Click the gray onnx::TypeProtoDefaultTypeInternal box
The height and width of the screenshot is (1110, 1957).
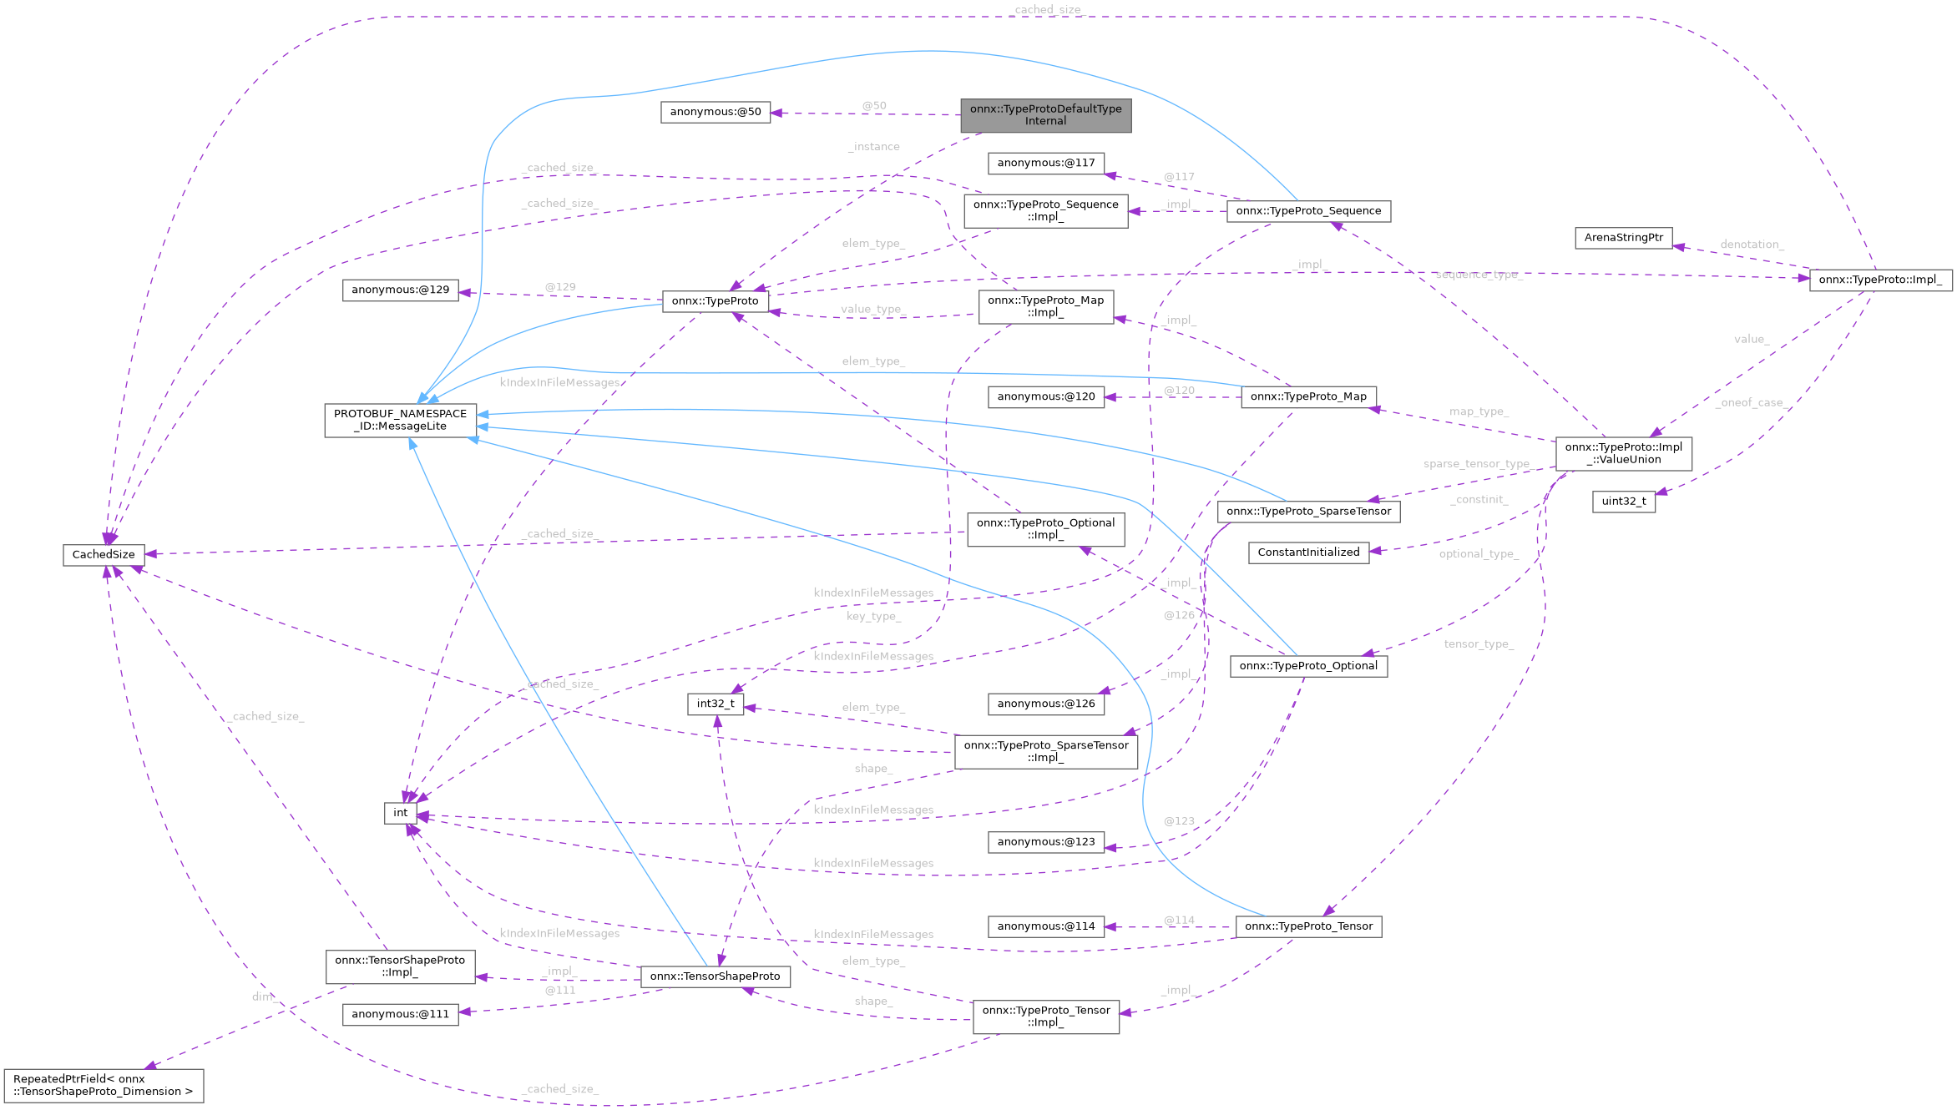1045,115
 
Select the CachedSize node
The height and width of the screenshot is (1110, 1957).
104,555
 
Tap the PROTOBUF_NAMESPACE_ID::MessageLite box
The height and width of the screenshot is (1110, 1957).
401,420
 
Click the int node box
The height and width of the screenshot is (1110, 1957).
401,813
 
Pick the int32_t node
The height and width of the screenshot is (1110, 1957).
716,704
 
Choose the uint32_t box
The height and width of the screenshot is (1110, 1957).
1623,502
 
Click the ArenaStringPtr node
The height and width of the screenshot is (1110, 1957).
1623,238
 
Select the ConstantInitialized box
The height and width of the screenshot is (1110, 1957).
1308,552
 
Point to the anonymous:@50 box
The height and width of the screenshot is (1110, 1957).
716,112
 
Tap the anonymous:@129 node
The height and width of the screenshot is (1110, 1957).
400,290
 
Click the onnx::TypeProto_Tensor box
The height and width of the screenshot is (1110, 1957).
1308,926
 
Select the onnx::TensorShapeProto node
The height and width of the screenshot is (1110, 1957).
715,976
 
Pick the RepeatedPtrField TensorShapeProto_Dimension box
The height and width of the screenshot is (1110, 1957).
104,1085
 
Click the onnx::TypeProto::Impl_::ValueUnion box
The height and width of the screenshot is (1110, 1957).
1623,453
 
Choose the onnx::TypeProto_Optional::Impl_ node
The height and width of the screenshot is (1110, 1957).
1045,529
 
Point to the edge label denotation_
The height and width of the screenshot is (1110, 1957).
1752,245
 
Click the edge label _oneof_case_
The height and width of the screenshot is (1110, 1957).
1752,402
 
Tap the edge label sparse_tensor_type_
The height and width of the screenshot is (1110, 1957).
1476,464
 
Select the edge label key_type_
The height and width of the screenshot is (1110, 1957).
873,616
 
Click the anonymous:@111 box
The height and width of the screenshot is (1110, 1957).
400,1014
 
